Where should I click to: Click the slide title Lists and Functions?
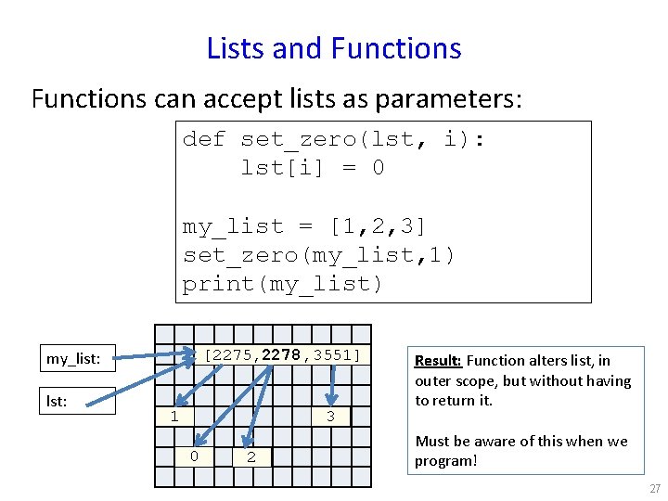(334, 47)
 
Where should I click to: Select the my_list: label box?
(79, 357)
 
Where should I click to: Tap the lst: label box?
(79, 400)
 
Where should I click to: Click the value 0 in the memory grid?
(193, 456)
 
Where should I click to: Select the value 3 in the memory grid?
(330, 417)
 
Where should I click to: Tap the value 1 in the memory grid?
(174, 417)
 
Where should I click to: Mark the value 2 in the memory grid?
(251, 456)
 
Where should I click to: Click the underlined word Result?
(439, 361)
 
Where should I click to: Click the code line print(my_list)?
(282, 284)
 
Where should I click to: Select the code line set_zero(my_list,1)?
(318, 255)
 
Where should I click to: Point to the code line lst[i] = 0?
(312, 168)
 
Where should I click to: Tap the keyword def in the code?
(203, 139)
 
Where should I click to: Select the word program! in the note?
(445, 461)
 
